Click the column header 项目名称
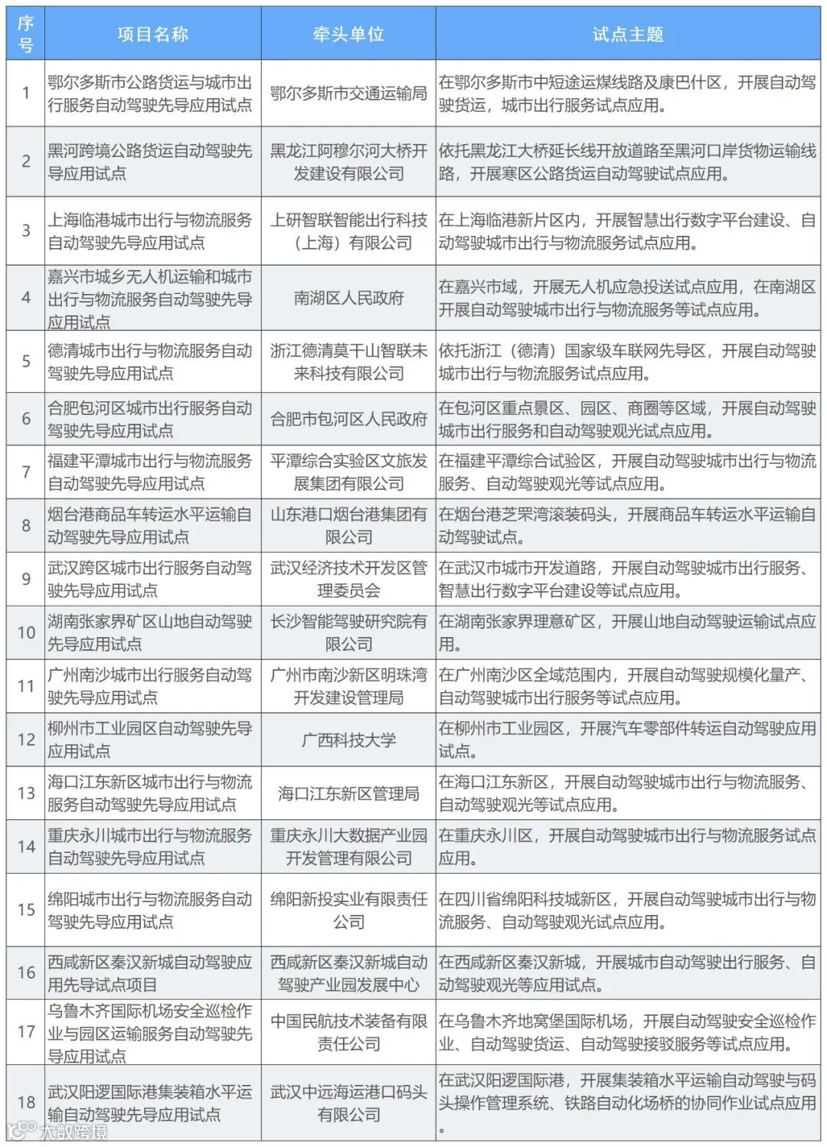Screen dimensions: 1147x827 (x=152, y=34)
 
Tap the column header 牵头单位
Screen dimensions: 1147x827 (x=348, y=34)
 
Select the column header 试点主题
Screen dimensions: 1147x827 (x=627, y=34)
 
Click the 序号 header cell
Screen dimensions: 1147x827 (x=26, y=34)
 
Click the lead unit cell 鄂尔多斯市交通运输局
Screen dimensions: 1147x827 (x=348, y=93)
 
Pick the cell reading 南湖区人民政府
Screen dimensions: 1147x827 (x=348, y=298)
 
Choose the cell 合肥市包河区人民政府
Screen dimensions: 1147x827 (x=348, y=419)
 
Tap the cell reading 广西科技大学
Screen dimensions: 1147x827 (x=348, y=740)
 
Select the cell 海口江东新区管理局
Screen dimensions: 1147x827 (x=348, y=793)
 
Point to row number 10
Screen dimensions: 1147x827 (x=26, y=632)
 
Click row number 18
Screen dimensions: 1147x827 (x=26, y=1103)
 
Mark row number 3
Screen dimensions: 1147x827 (x=26, y=230)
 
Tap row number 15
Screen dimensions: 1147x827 (x=26, y=910)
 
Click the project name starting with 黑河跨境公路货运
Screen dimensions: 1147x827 (x=150, y=162)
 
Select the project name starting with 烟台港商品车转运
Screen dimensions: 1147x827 (x=150, y=525)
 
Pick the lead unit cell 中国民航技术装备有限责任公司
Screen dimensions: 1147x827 (x=348, y=1032)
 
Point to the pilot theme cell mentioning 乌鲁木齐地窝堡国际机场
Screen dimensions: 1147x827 (x=627, y=1032)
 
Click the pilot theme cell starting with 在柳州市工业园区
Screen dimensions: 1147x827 (x=627, y=740)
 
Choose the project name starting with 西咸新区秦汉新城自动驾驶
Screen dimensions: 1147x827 (x=150, y=973)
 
